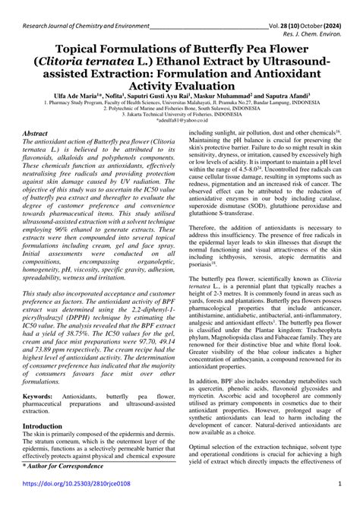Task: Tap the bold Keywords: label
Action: pos(43,397)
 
